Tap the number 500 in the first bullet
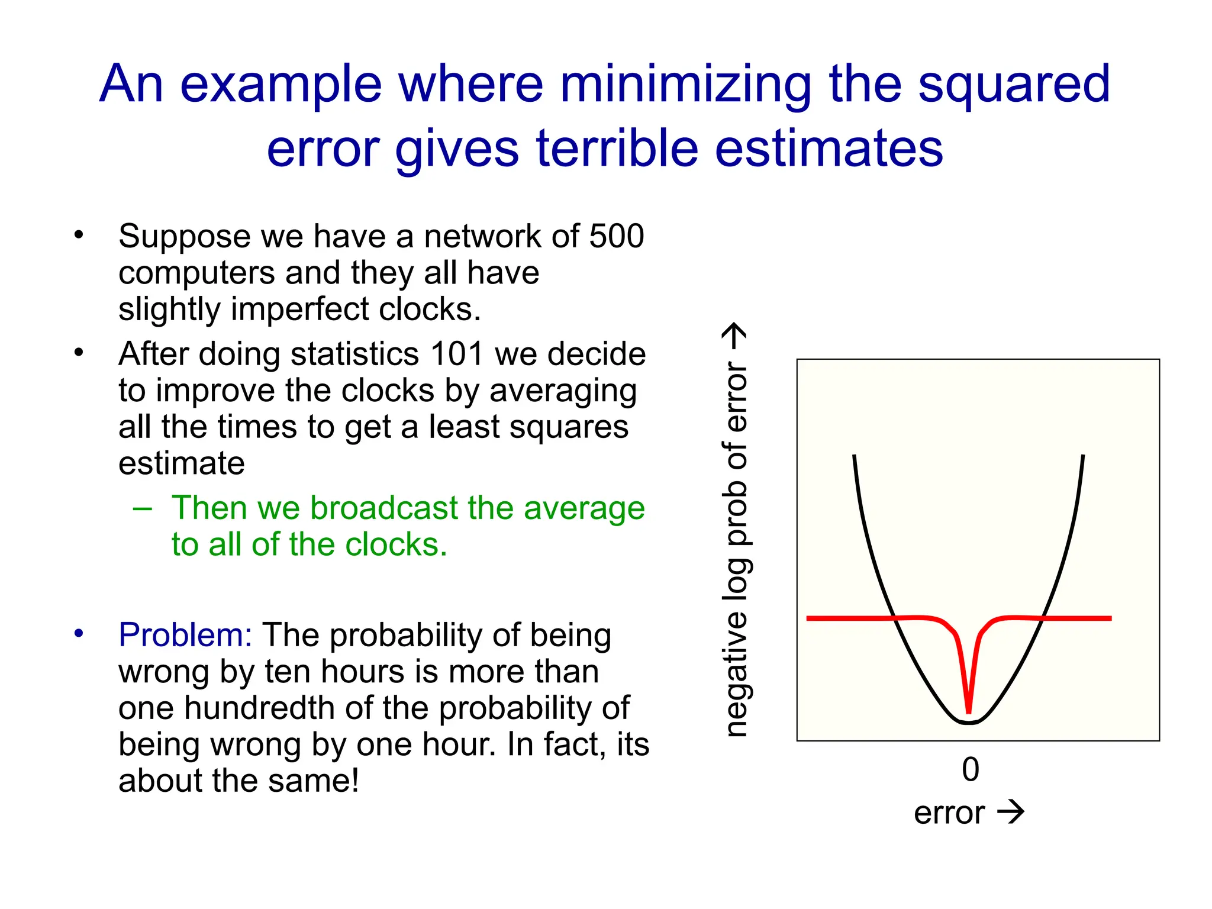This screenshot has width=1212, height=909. point(616,236)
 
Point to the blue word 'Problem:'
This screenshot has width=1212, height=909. point(185,635)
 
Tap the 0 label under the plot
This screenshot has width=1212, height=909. point(970,770)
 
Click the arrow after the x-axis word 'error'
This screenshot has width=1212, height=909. point(1010,812)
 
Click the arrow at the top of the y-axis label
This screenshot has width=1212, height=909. point(736,337)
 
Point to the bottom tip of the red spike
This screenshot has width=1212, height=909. point(969,712)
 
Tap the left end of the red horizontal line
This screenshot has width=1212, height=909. point(809,618)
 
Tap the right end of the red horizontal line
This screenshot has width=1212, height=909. point(1110,618)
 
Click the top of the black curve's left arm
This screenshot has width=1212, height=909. point(854,457)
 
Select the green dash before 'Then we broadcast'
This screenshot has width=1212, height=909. point(143,508)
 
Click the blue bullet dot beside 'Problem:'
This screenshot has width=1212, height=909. point(79,634)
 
